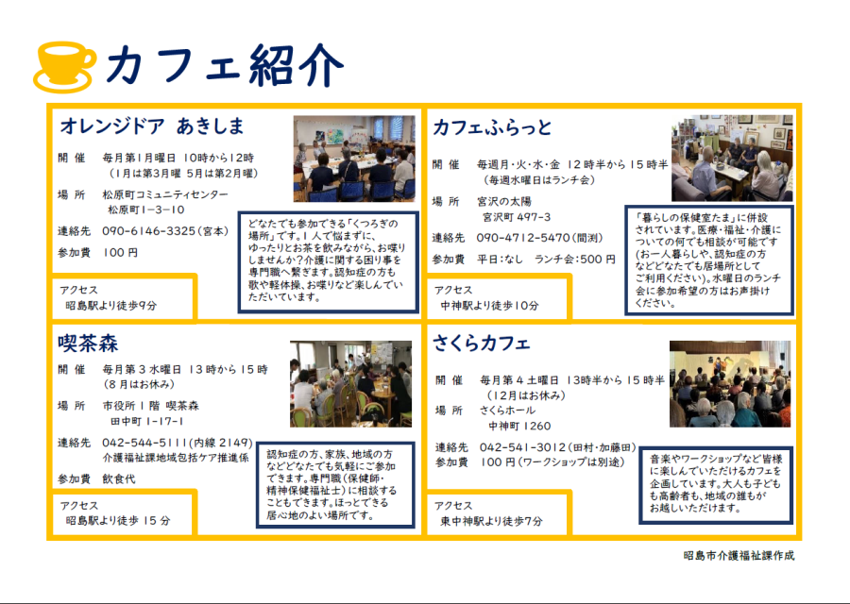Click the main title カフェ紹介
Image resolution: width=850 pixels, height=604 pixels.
click(x=225, y=66)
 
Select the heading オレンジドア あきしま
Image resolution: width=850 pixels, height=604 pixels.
click(x=152, y=126)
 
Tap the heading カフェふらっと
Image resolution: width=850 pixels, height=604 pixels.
click(x=492, y=127)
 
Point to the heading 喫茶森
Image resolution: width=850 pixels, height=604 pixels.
click(x=88, y=344)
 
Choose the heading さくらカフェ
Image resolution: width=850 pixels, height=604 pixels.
click(x=482, y=344)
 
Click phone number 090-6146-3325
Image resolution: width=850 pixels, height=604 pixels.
click(x=148, y=231)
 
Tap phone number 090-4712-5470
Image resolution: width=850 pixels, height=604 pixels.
click(x=523, y=238)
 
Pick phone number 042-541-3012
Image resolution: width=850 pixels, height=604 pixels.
click(x=522, y=447)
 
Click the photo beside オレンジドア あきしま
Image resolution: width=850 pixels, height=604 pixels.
click(x=354, y=159)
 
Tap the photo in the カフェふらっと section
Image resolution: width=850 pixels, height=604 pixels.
click(x=732, y=158)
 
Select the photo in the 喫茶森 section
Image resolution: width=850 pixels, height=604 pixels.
click(x=350, y=384)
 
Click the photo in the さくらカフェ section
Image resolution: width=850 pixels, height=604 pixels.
click(x=730, y=384)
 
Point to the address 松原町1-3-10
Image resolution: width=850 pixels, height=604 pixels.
click(x=145, y=210)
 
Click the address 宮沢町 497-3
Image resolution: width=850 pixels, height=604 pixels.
click(x=516, y=217)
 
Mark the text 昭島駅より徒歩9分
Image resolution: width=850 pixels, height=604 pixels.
click(x=111, y=306)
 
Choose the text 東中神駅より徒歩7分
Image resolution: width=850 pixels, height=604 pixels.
click(x=491, y=521)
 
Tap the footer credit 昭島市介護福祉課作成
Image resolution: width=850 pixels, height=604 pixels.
click(x=739, y=556)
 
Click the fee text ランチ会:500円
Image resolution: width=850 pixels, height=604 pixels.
click(x=575, y=260)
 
